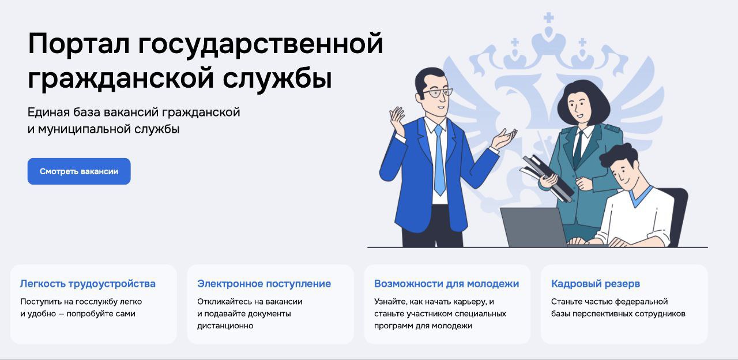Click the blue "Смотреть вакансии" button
[79, 171]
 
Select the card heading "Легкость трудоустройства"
[88, 284]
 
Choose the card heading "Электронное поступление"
[264, 284]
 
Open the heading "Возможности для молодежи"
[446, 284]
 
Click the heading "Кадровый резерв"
[596, 284]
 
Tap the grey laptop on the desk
[533, 227]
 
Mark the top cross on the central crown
[548, 18]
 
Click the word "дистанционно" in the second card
[225, 326]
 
